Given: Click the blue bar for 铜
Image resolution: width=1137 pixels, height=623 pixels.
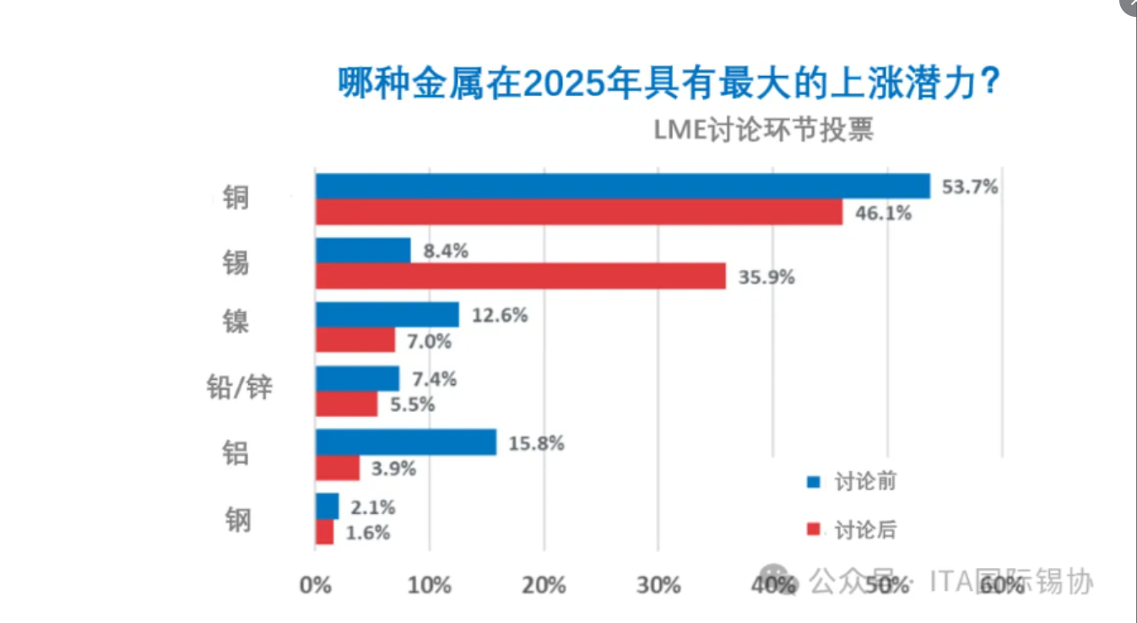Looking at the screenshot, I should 622,187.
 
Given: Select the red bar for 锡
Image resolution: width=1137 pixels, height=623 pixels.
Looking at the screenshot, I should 520,276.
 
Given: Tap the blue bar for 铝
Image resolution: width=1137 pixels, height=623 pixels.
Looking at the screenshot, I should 405,442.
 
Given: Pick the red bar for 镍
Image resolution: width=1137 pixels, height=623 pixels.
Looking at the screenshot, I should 355,340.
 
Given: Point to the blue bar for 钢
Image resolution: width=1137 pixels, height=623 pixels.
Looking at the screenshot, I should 327,507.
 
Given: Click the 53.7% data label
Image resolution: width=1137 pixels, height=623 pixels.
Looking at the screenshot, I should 970,187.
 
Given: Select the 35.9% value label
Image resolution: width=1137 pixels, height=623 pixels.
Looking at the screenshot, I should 766,277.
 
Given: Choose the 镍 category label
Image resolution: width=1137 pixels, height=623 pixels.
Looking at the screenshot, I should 236,322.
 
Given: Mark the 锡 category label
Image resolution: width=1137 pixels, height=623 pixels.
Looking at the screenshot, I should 236,261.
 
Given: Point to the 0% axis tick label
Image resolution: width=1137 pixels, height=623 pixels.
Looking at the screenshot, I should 315,585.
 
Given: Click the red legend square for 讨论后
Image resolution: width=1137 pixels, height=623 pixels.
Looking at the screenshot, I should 814,530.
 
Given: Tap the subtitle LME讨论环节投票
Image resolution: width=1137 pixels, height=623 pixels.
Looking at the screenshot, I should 763,131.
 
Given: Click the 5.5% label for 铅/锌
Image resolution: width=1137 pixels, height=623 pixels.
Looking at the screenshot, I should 413,405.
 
